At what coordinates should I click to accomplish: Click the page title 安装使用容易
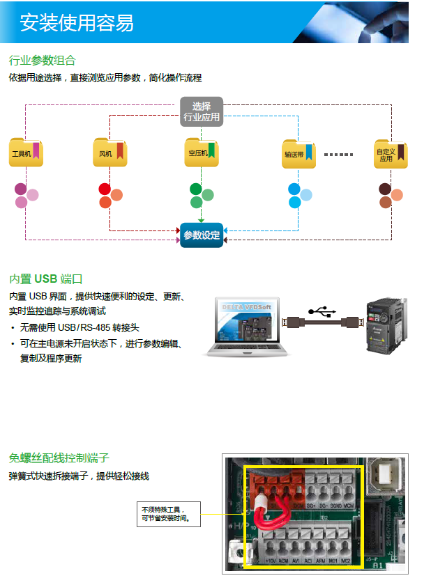77,22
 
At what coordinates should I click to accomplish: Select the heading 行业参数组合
43,61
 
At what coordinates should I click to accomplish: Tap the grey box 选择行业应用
202,112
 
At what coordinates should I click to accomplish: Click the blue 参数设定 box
201,235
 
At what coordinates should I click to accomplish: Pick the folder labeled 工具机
25,153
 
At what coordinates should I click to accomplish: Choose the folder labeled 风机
109,153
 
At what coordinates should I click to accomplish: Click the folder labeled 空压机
201,153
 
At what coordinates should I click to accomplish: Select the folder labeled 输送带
297,155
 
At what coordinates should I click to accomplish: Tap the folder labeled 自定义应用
390,155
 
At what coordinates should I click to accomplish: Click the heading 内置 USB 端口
46,279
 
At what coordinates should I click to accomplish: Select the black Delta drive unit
386,325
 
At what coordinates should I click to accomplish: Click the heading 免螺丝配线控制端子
59,458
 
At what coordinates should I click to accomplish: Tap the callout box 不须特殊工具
169,514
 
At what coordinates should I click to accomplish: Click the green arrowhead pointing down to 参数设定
201,220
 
